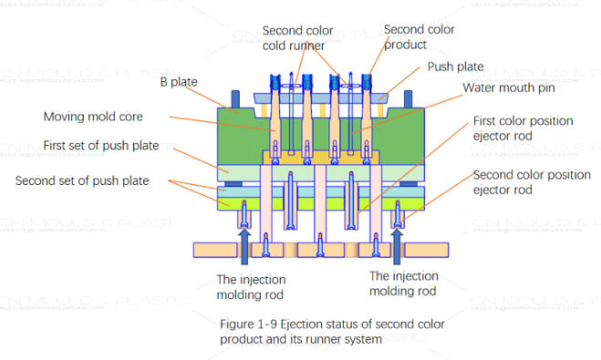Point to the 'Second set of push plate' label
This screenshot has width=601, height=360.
point(81,180)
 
